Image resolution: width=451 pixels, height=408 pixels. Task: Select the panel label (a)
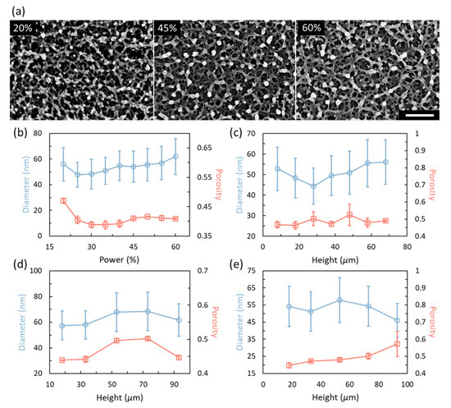tap(11, 9)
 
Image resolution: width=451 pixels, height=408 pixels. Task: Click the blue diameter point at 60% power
tap(175, 157)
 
